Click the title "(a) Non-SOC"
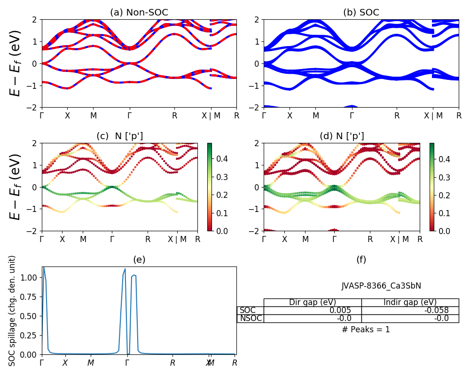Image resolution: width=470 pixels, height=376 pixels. coord(139,13)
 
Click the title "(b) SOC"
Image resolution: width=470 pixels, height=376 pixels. coord(361,13)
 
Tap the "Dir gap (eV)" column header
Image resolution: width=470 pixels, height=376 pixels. coord(313,303)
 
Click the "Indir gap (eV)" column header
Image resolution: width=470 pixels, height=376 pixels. coord(410,303)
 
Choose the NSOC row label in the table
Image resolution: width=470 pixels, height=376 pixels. coord(251,319)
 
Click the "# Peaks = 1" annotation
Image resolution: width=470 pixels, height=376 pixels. coord(366,329)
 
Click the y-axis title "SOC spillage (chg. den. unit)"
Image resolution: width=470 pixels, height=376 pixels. coord(13,310)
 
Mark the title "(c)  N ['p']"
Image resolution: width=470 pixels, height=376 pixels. coord(119,136)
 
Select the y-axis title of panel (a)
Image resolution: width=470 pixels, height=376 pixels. coord(16,63)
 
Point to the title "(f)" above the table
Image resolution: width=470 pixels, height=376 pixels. coord(361,259)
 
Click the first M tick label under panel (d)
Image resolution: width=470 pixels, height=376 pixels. coord(305,239)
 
